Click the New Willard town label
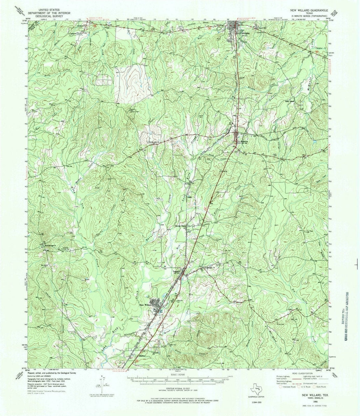pos(145,305)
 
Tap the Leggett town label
pos(176,271)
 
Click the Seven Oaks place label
pos(180,226)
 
